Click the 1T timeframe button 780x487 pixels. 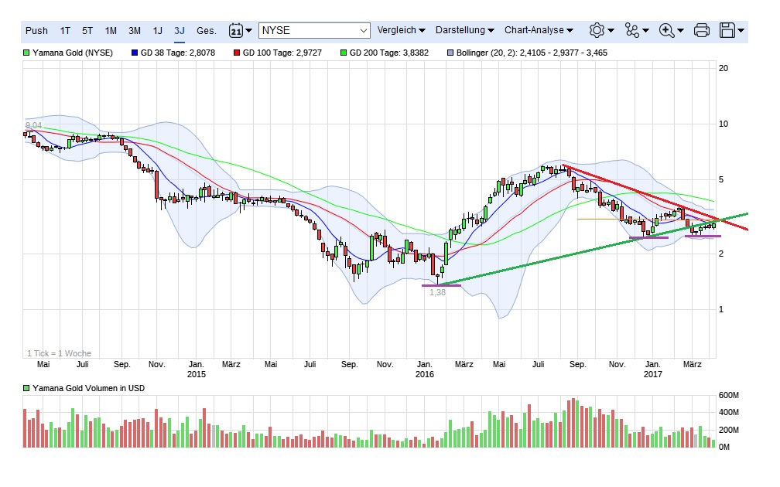(x=65, y=31)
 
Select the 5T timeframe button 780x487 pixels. (x=87, y=31)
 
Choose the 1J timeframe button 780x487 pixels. (x=157, y=31)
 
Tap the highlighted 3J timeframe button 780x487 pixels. (x=180, y=31)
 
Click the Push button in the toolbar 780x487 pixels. (x=36, y=31)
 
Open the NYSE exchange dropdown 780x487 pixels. (x=315, y=31)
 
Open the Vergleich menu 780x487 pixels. (x=401, y=31)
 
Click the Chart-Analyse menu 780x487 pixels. (x=539, y=31)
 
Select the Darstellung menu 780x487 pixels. (x=464, y=31)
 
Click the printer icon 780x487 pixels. (x=702, y=31)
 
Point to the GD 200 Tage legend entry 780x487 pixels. (x=390, y=53)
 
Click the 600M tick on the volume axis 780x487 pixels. (x=730, y=396)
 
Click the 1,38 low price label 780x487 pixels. (x=438, y=292)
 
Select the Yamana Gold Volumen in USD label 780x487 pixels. (x=87, y=388)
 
